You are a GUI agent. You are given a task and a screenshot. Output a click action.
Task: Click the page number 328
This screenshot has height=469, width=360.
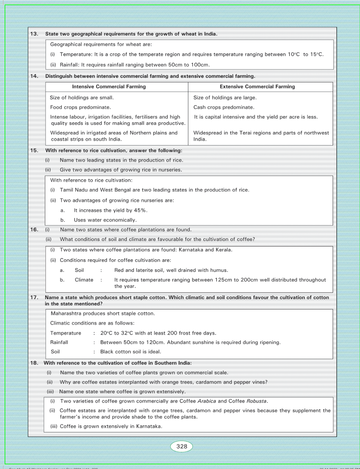tap(182, 446)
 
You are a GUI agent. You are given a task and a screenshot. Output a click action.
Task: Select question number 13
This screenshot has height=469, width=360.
tap(34, 34)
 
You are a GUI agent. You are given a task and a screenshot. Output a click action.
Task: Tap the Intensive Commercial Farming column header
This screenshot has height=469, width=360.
tap(109, 87)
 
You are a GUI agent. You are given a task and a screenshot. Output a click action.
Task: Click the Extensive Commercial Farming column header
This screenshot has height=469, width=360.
tap(257, 87)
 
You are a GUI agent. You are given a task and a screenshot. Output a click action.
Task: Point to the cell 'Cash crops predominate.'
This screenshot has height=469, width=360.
tap(224, 107)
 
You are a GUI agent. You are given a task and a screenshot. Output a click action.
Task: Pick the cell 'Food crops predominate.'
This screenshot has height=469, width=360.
tap(80, 107)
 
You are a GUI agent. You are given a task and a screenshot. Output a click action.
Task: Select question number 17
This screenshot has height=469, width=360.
tap(34, 297)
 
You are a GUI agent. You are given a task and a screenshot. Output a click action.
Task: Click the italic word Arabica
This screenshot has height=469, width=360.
tap(207, 401)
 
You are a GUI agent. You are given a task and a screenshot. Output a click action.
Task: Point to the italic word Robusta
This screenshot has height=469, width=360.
tap(257, 401)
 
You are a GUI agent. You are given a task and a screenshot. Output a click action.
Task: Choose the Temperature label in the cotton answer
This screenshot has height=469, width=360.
tap(66, 333)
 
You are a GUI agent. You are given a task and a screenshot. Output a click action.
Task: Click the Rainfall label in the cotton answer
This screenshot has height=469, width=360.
tap(59, 342)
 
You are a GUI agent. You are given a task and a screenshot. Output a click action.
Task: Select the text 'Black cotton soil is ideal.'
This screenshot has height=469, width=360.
tap(131, 351)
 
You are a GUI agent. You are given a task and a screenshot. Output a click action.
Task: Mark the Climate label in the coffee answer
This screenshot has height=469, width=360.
tap(84, 280)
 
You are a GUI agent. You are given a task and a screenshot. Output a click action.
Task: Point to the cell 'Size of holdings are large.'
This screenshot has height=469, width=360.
tap(225, 97)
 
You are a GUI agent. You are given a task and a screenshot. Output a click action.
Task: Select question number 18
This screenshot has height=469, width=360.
tap(34, 363)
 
